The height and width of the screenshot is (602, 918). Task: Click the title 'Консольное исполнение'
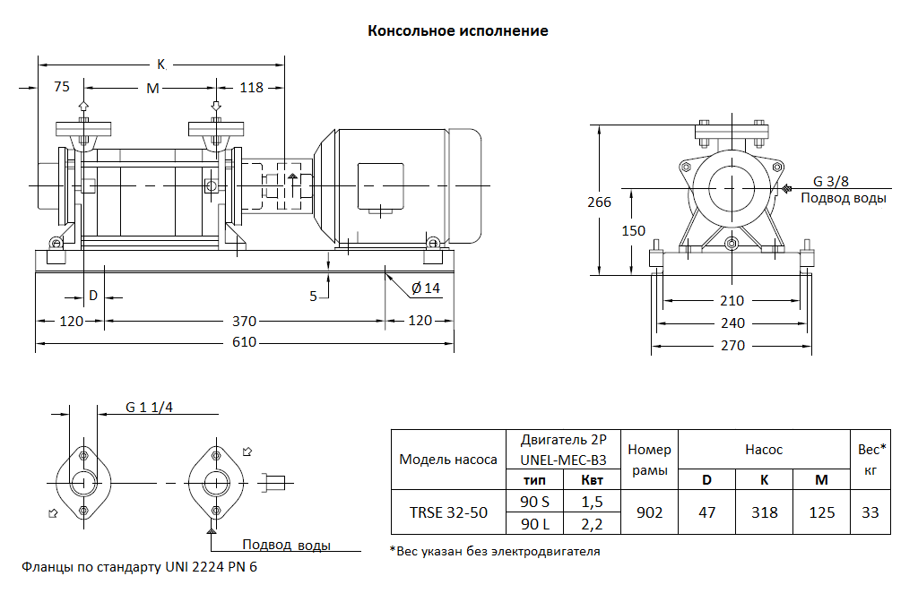(x=458, y=30)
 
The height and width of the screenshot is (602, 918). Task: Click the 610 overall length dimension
(x=244, y=342)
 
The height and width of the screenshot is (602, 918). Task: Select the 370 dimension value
(x=244, y=320)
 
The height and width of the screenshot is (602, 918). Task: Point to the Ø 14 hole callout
(x=426, y=288)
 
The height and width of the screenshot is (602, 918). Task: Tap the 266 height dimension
(x=599, y=202)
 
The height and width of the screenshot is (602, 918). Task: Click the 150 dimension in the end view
(x=633, y=230)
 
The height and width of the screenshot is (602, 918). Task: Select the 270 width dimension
(x=732, y=345)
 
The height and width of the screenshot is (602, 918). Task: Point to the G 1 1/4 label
(x=149, y=408)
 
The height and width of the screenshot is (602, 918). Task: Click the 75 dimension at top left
(x=62, y=88)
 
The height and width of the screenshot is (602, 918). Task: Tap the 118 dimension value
(x=252, y=88)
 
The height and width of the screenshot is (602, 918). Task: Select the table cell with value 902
(x=649, y=512)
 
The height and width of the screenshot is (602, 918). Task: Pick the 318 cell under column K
(x=764, y=512)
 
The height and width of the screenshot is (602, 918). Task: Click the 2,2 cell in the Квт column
(x=593, y=523)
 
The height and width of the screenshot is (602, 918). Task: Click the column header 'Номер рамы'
(x=649, y=460)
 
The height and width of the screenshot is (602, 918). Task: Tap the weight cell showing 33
(x=870, y=512)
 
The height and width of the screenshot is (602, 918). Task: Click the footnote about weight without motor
(x=495, y=551)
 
